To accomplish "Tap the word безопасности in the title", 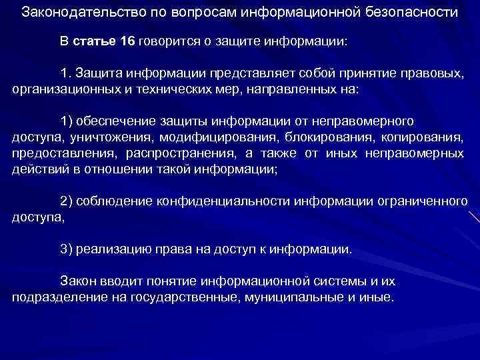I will pyautogui.click(x=411, y=13).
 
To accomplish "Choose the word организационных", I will pyautogui.click(x=61, y=89).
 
